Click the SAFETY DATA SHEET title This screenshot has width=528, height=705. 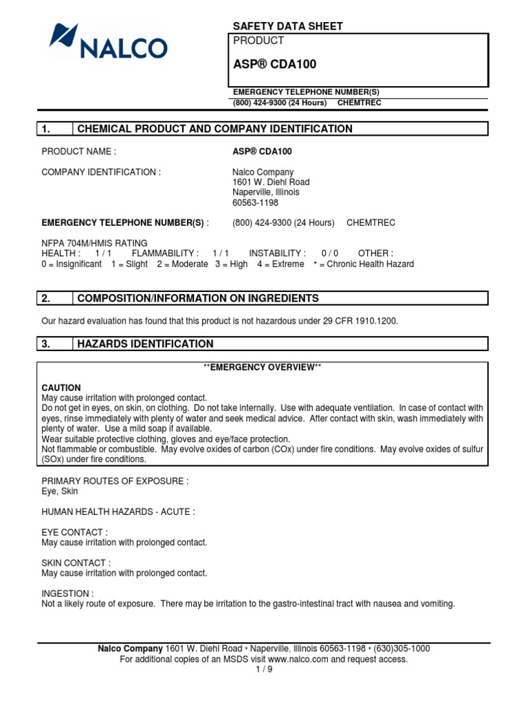coord(287,26)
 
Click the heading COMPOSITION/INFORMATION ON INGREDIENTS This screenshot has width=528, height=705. coord(198,298)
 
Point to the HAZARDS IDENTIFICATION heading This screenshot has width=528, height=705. coord(145,344)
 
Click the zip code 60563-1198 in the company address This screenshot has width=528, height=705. coord(256,203)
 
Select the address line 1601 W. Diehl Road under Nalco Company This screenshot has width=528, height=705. coord(271,182)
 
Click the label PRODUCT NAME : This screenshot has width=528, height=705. coord(79,151)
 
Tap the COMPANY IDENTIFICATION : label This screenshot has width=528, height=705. coord(101,172)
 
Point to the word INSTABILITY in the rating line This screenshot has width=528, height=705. coord(277,254)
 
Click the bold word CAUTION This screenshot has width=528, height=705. coord(61,388)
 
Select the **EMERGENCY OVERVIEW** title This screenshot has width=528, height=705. coord(263,368)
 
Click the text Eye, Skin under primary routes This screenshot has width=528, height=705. coord(60,492)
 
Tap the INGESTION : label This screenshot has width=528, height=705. coord(67,593)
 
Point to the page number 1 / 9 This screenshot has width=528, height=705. coord(264,670)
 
